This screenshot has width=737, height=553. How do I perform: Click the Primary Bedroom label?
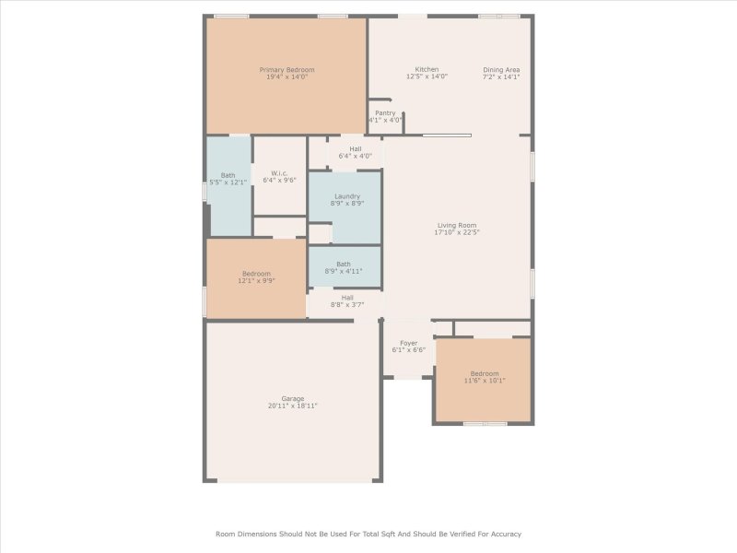[x=287, y=70]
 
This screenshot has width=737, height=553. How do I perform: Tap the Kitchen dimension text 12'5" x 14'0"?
[x=427, y=76]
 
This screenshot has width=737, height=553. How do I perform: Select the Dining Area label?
[x=501, y=70]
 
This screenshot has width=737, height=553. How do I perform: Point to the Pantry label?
[x=385, y=113]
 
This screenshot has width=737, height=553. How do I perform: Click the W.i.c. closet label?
[x=279, y=172]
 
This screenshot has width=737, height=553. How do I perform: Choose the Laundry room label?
[x=347, y=196]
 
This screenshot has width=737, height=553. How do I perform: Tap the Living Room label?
[x=457, y=225]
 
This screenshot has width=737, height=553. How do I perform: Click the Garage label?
[x=292, y=398]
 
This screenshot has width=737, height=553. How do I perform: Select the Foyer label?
[x=408, y=343]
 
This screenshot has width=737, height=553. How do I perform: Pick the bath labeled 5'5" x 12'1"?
[x=228, y=179]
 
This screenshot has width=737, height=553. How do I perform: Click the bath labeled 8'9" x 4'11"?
[x=343, y=267]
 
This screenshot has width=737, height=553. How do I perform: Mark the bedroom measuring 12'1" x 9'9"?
[x=256, y=276]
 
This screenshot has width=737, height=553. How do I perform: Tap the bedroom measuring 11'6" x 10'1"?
[x=483, y=377]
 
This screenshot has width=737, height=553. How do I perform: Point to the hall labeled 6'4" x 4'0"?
[x=356, y=152]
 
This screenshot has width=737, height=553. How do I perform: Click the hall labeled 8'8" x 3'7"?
[x=347, y=300]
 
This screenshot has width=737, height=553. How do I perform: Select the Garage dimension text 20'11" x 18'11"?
[x=292, y=406]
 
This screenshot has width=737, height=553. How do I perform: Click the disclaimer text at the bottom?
[x=368, y=534]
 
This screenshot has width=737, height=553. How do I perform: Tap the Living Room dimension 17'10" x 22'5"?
[x=457, y=232]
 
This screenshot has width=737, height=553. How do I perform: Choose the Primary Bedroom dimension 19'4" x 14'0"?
[x=287, y=77]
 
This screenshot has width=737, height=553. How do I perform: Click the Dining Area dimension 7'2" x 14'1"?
[x=501, y=77]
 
